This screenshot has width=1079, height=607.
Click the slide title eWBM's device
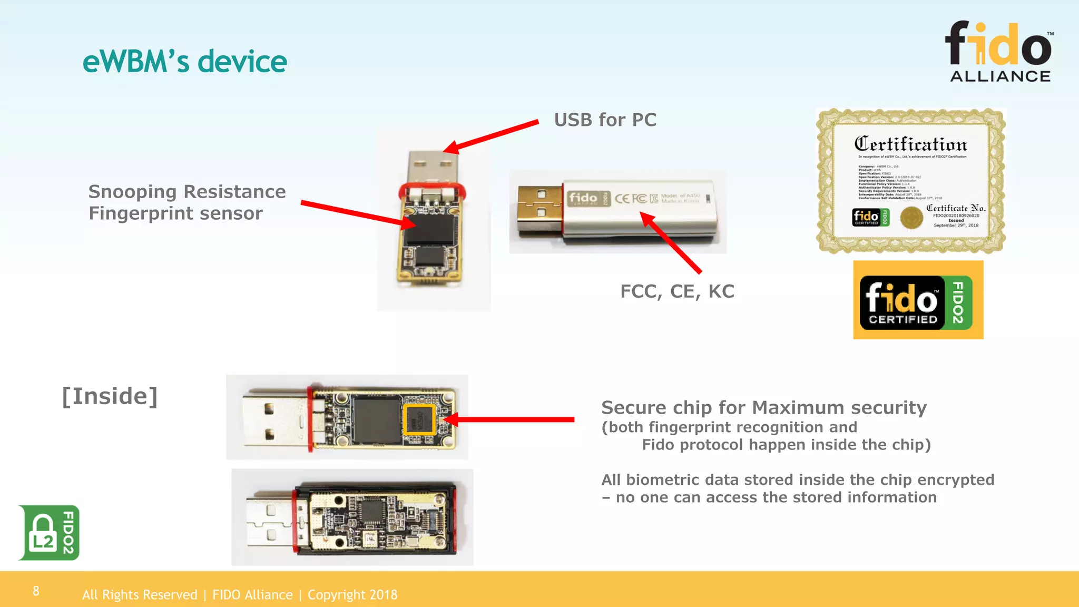tap(184, 62)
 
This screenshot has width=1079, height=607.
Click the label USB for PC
tap(605, 120)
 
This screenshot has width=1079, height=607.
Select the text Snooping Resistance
tap(187, 192)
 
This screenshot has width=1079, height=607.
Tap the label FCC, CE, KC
tap(676, 291)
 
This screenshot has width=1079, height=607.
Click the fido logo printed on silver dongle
tap(583, 198)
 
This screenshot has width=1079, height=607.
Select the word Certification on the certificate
tap(910, 144)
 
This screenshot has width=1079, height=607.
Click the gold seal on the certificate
tap(911, 217)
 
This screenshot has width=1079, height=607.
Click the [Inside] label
tap(110, 396)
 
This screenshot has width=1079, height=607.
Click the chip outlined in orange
tap(419, 419)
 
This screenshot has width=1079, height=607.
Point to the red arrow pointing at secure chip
tap(511, 419)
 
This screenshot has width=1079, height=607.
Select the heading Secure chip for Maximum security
tap(763, 408)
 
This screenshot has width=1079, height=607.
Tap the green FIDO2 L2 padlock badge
tap(49, 532)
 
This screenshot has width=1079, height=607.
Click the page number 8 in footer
tap(36, 591)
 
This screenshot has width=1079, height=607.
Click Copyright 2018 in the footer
tap(352, 595)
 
